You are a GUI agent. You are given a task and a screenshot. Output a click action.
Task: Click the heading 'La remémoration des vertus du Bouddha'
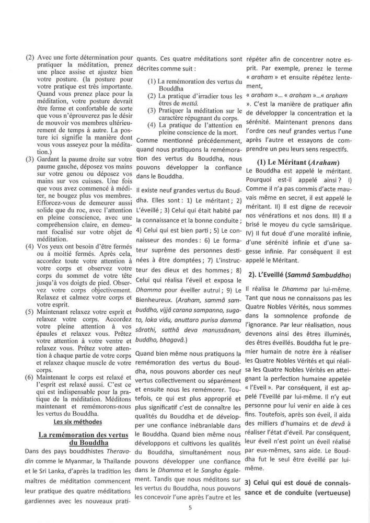pos(76,439)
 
